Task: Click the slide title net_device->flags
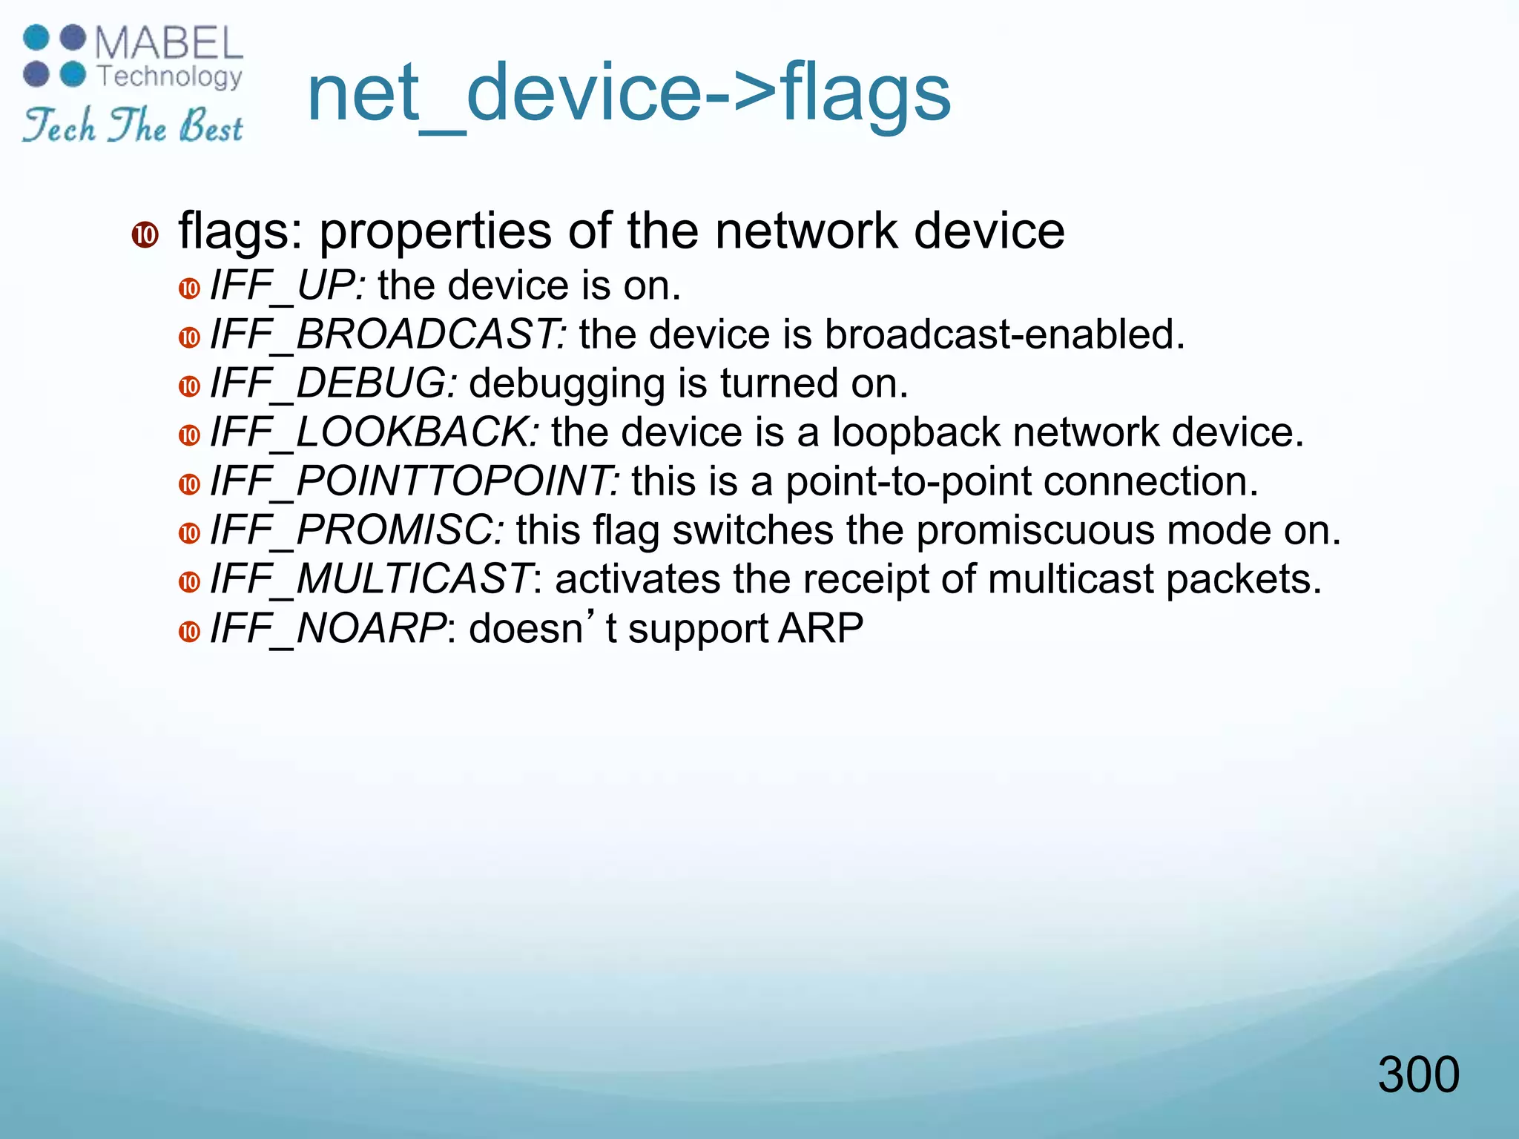(x=628, y=93)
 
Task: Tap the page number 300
(x=1418, y=1074)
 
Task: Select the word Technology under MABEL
(x=170, y=76)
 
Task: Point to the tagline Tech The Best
(x=133, y=125)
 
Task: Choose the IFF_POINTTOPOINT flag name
(x=415, y=481)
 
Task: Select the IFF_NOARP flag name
(x=329, y=629)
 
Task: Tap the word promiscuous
(x=1034, y=531)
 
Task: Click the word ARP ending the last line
(x=820, y=629)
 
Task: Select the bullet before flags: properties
(x=145, y=235)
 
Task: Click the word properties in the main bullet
(x=435, y=232)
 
